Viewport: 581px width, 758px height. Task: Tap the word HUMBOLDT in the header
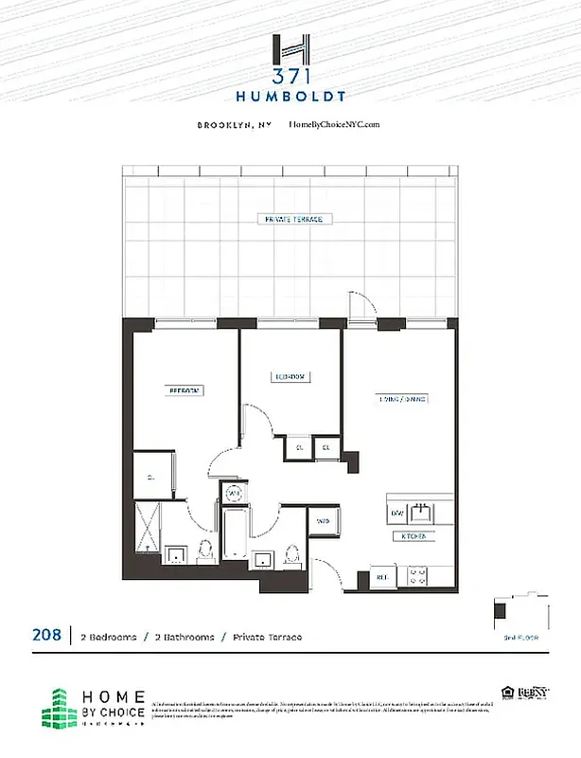290,97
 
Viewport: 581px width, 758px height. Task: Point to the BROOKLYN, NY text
234,125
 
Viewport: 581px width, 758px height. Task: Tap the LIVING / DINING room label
404,400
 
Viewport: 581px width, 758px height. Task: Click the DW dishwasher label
397,514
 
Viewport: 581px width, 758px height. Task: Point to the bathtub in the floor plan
236,538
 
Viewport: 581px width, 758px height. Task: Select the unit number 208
48,636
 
